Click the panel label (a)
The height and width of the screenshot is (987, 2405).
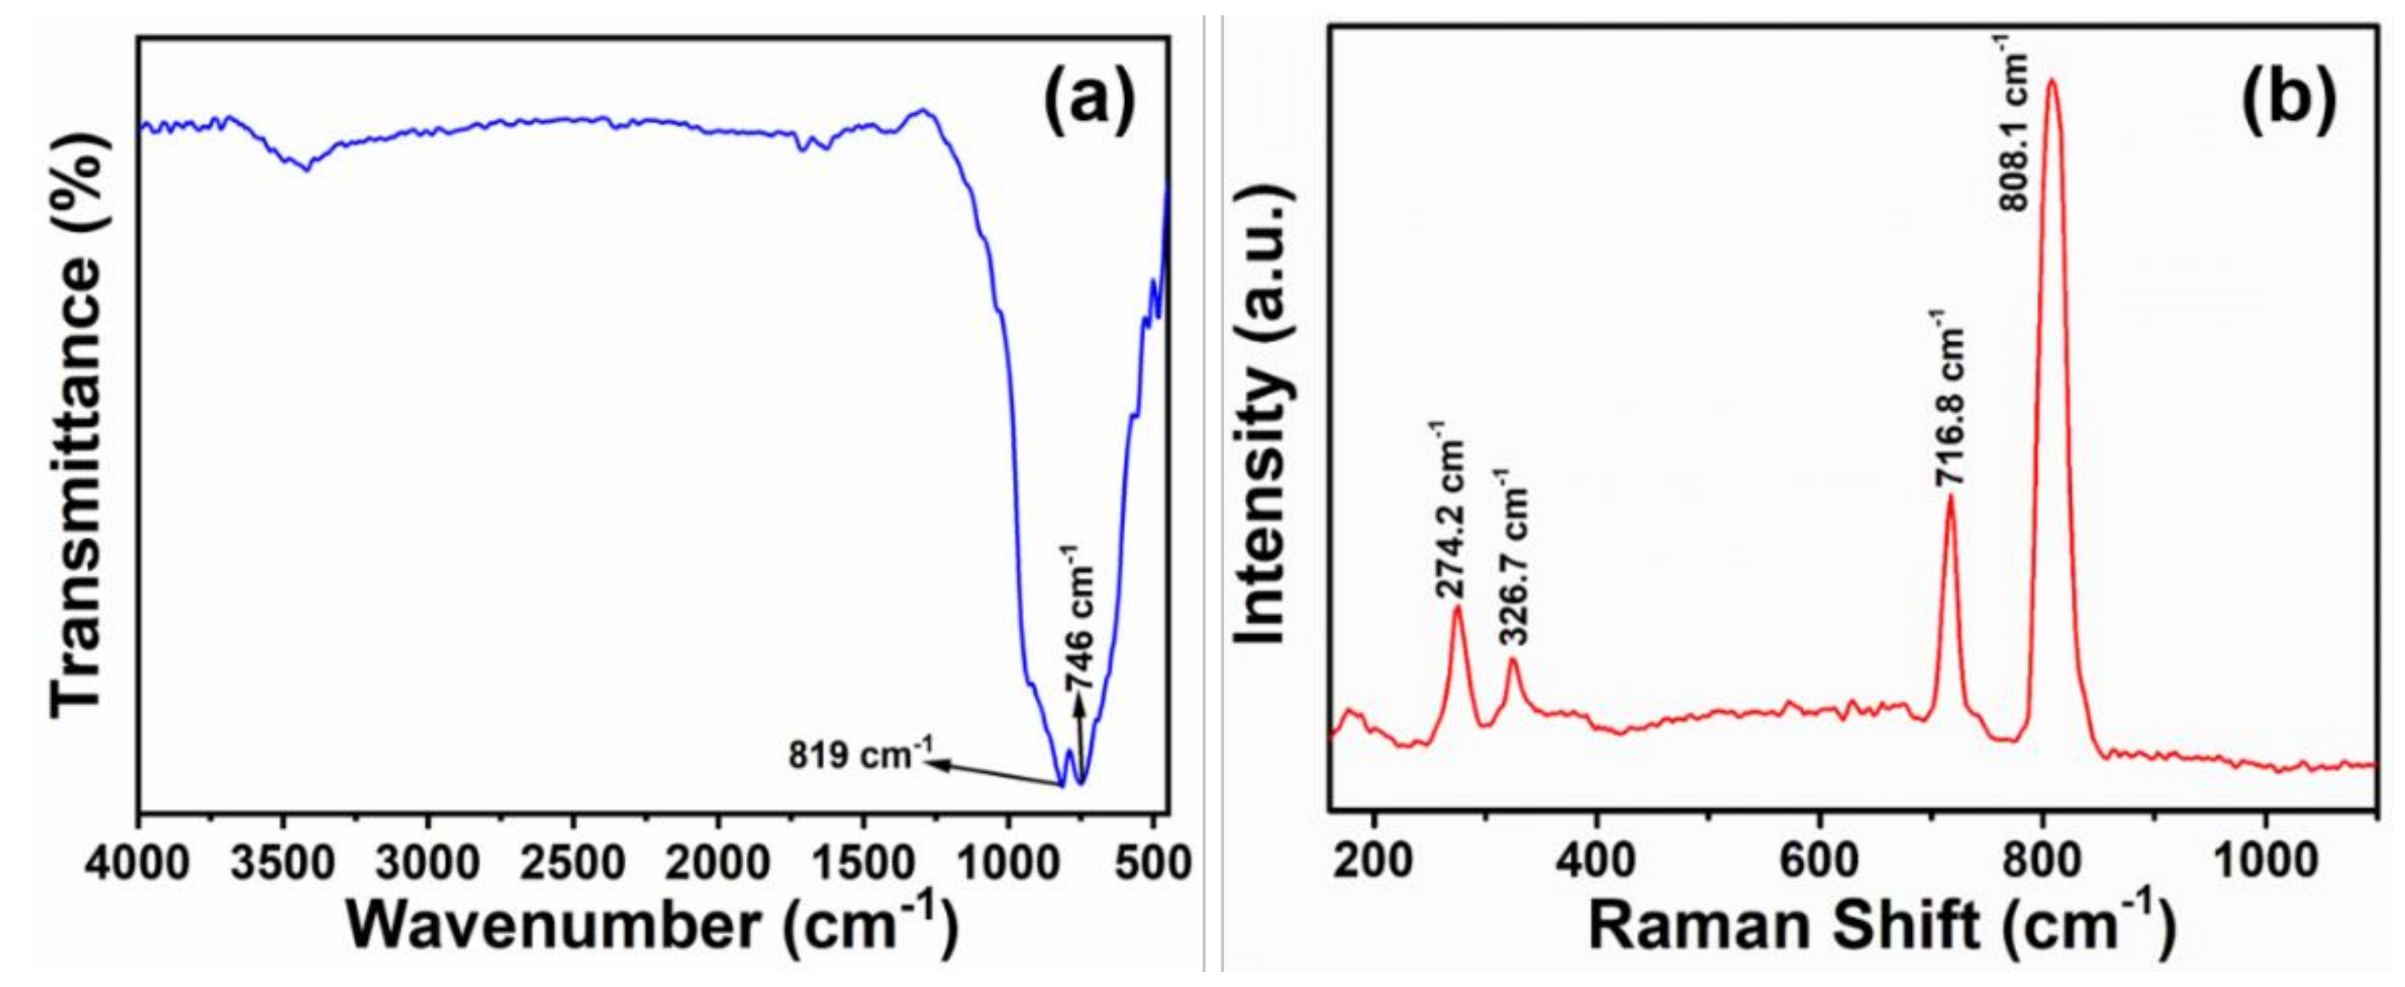tap(1089, 103)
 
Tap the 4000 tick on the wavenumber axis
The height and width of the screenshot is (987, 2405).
tap(139, 861)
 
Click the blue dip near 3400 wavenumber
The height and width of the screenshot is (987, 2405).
tap(306, 168)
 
